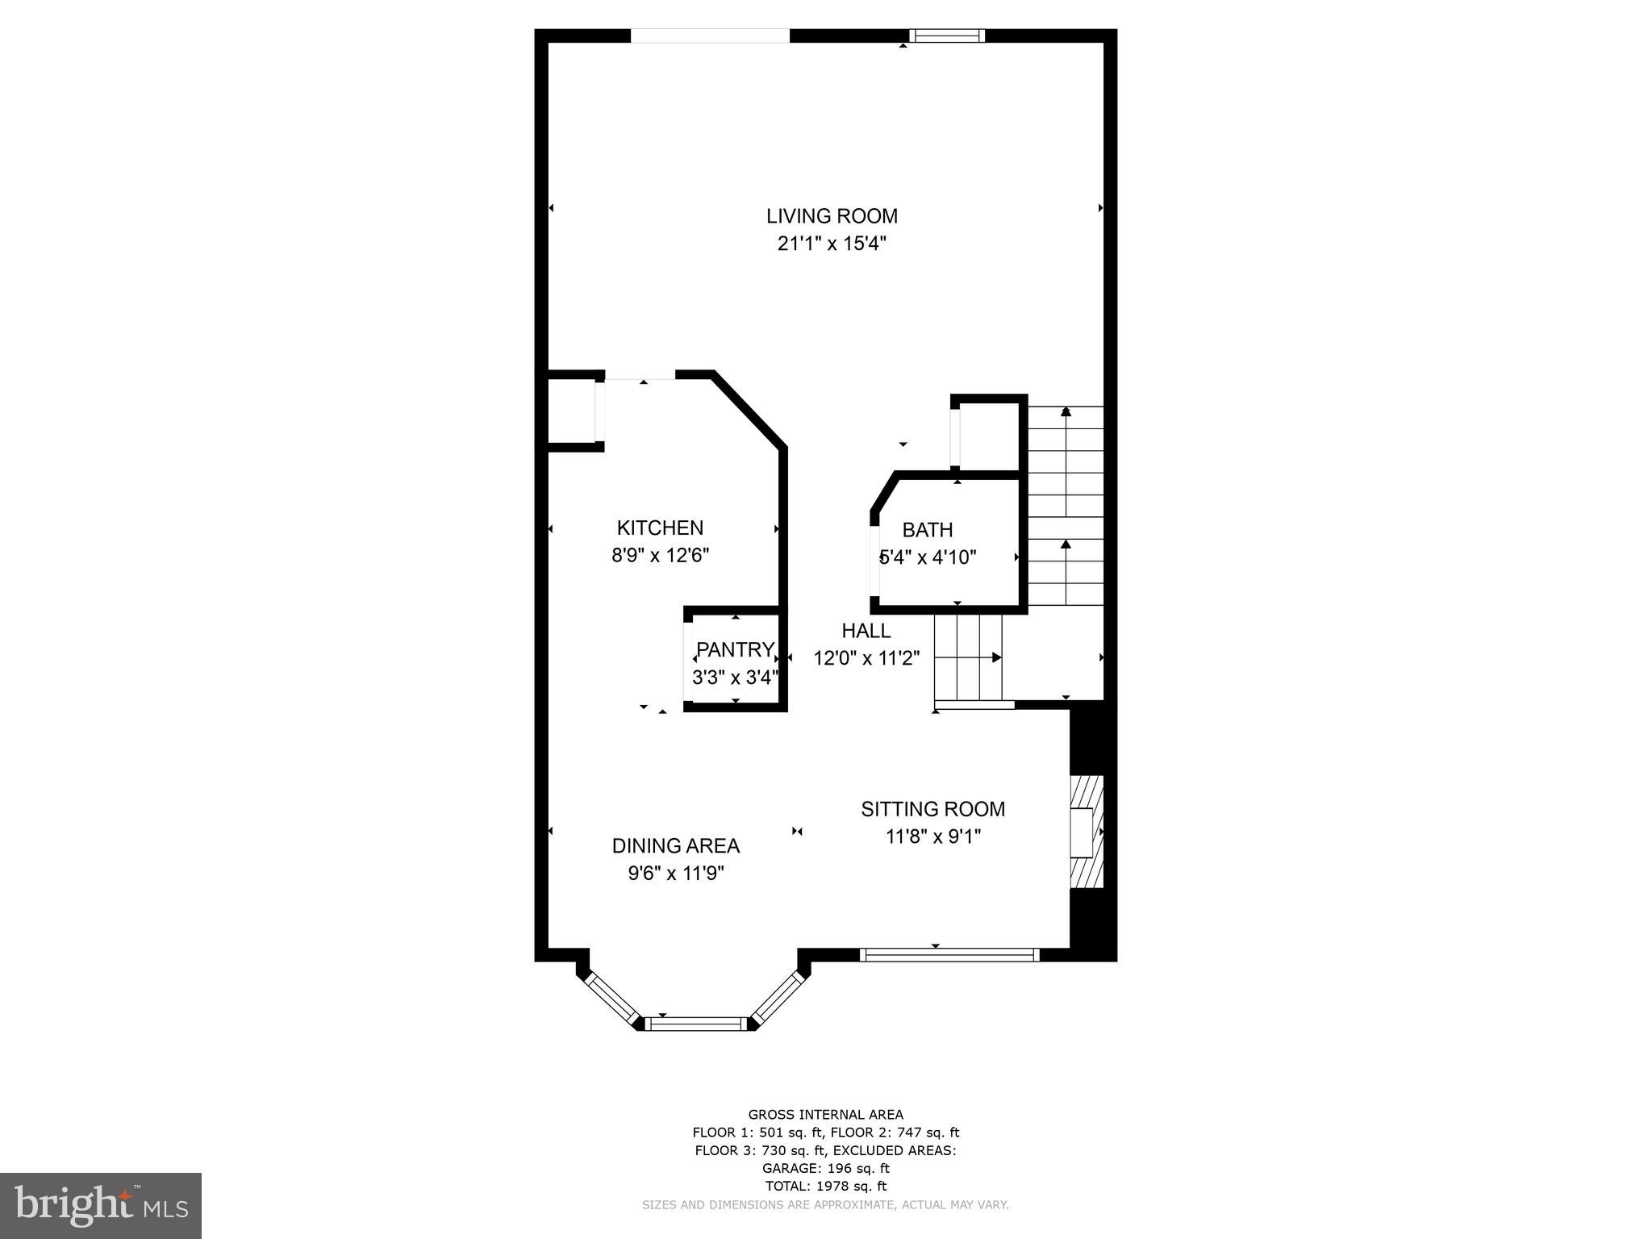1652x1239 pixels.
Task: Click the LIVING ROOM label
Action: (832, 216)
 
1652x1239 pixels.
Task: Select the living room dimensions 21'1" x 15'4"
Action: (832, 244)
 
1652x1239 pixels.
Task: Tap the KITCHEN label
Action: (660, 528)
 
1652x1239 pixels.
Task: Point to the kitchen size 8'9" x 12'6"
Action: (660, 556)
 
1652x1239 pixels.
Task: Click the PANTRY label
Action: (735, 649)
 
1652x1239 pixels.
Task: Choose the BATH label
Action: (928, 530)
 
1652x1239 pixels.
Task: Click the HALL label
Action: (866, 631)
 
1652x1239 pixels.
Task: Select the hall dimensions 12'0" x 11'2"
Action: (866, 658)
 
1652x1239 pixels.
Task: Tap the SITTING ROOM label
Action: (933, 809)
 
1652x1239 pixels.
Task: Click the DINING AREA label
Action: (676, 846)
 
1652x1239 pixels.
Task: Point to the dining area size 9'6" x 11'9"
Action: (676, 874)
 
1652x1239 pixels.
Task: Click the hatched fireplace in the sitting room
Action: (1086, 832)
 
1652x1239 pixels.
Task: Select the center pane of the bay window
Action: (696, 1024)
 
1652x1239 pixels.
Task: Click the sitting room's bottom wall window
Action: (949, 955)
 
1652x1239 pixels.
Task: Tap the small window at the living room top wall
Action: (947, 35)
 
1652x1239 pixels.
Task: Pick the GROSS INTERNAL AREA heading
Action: (825, 1115)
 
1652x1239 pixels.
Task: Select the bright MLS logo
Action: (101, 1205)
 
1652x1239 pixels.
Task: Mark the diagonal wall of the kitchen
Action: (749, 409)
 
